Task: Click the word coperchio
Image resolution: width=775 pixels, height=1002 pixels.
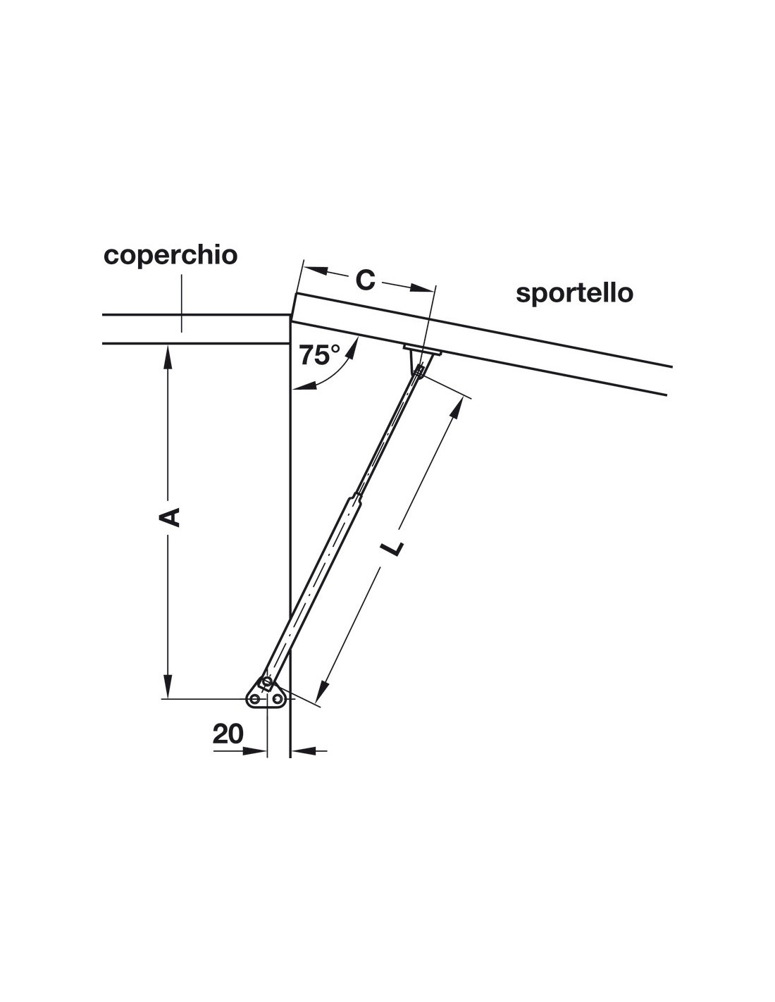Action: tap(170, 255)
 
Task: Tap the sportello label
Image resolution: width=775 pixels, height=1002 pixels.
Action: tap(574, 292)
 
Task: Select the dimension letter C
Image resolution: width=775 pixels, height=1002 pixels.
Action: tap(364, 280)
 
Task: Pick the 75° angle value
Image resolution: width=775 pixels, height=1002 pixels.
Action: tap(318, 355)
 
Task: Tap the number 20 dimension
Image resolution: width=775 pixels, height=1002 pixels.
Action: tap(228, 734)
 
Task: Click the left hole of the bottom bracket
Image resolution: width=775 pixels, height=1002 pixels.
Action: tap(254, 699)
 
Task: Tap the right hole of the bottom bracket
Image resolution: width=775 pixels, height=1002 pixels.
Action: tap(278, 699)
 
